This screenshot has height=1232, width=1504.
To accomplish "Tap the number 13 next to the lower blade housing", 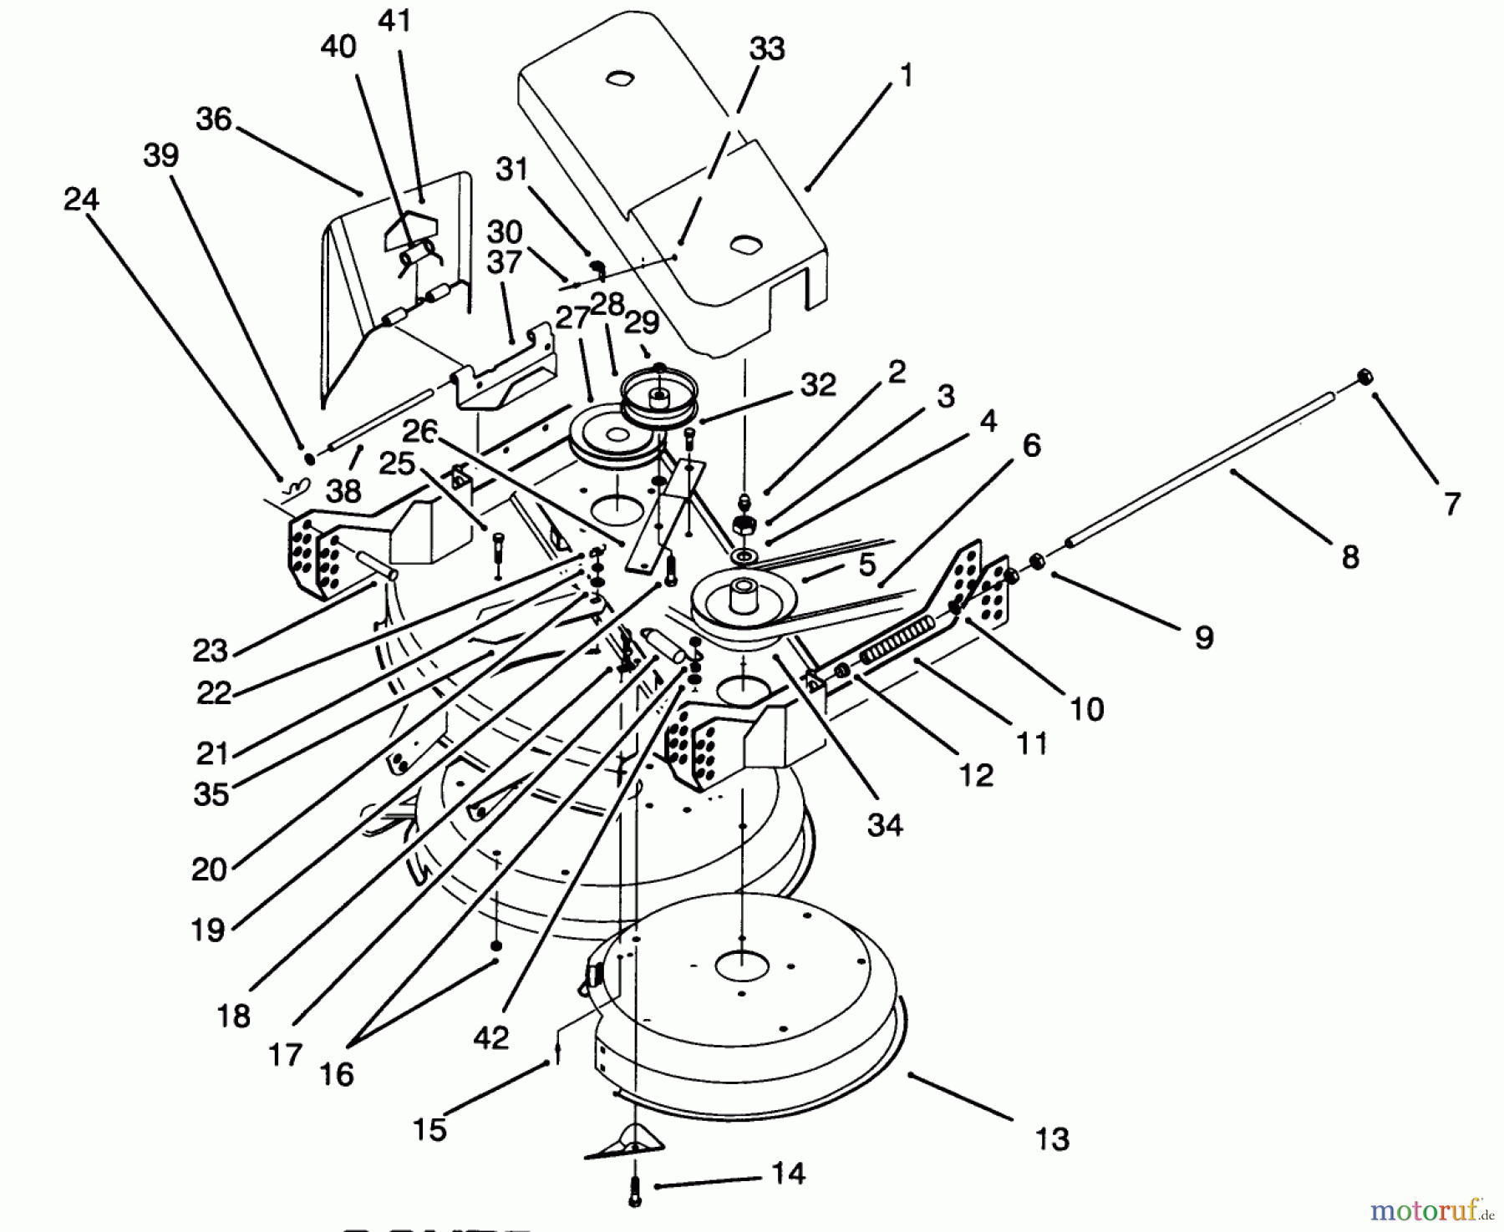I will pos(1051,1138).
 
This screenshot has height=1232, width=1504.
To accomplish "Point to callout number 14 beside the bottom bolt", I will pos(786,1174).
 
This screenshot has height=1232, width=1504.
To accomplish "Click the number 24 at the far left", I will pos(81,200).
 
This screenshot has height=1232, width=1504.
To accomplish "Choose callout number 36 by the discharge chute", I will pos(214,119).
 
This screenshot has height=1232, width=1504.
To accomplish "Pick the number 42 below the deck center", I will pos(490,1037).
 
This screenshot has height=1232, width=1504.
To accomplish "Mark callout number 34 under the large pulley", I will pos(885,825).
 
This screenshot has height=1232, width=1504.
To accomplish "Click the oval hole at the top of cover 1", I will pos(619,79).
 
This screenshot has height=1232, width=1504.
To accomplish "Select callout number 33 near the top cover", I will pos(767,48).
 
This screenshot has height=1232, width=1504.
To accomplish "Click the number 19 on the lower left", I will pos(207,930).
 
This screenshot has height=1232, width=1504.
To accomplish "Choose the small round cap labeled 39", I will pos(309,458).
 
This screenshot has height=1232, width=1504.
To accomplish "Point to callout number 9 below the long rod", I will pos(1203,637).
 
